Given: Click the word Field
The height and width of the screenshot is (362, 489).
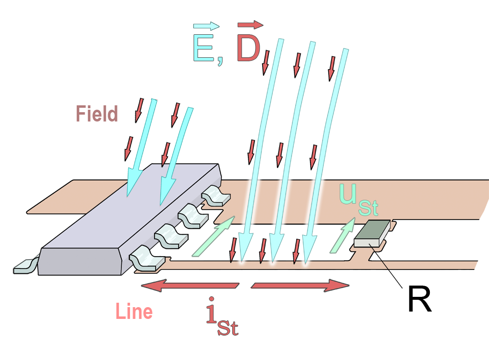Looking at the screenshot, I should (97, 114).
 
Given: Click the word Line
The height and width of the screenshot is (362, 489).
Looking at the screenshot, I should (134, 312).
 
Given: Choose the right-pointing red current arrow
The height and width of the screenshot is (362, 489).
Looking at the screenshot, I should (300, 286).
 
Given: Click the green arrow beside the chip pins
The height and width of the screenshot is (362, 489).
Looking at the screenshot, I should (213, 237).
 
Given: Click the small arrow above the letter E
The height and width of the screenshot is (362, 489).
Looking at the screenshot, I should (206, 25).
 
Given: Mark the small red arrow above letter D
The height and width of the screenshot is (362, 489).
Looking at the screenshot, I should (250, 24).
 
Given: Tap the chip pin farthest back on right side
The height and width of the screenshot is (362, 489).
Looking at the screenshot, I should (215, 194).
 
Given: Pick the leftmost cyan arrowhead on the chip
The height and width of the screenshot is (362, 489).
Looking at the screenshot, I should (133, 184).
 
